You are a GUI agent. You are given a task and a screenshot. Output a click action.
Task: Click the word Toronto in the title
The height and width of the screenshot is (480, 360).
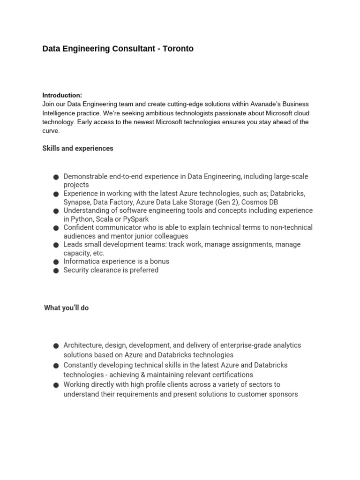[178, 49]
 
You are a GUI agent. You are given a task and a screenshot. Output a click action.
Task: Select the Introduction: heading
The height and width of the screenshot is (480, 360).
[62, 95]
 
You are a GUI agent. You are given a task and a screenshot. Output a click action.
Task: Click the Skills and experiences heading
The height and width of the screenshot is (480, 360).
[78, 149]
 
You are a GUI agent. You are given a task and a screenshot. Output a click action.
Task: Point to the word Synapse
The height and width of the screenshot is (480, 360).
[76, 202]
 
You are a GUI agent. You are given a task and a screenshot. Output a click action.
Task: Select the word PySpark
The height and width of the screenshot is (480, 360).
[135, 219]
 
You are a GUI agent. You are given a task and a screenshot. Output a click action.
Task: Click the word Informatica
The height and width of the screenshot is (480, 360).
[82, 261]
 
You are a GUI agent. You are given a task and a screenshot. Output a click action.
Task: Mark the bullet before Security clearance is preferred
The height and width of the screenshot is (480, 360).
[56, 270]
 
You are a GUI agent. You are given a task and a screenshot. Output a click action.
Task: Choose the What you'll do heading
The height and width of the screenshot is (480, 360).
[67, 308]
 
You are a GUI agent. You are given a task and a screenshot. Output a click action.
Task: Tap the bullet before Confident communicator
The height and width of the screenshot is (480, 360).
[56, 228]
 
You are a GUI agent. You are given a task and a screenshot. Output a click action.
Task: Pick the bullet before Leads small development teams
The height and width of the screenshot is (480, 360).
[56, 245]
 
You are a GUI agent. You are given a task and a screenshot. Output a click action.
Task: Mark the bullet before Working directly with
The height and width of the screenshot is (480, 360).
[56, 385]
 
